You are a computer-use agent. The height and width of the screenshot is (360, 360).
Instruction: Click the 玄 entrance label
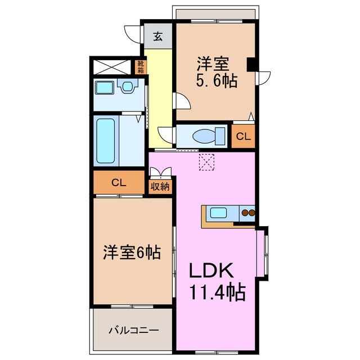158,37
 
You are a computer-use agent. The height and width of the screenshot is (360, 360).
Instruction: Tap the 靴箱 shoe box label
140,67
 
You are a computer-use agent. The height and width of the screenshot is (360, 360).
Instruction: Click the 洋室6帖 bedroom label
132,253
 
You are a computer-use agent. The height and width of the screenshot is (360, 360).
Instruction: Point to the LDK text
210,272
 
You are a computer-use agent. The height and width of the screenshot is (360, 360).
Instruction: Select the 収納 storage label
160,187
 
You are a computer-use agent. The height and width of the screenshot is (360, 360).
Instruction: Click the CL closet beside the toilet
243,136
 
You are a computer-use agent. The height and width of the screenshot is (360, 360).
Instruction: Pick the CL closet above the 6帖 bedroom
118,183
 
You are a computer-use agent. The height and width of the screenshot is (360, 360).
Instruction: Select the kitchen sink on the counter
218,213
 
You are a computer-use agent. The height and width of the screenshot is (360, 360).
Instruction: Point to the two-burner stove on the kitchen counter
247,213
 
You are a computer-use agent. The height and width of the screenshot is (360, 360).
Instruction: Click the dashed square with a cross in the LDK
206,161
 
